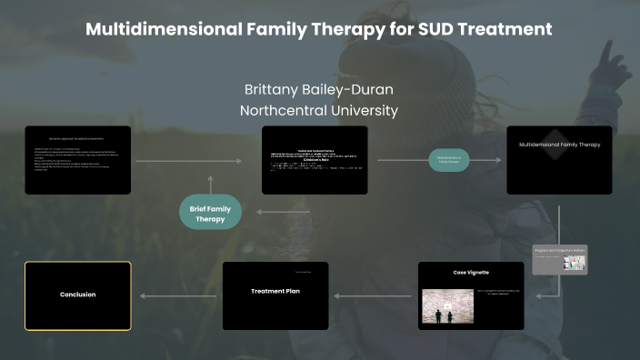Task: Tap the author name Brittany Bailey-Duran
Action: pyautogui.click(x=319, y=90)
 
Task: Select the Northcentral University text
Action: pyautogui.click(x=319, y=111)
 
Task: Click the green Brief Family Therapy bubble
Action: pyautogui.click(x=210, y=213)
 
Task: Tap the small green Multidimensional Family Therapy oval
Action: pyautogui.click(x=449, y=160)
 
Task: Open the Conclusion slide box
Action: pyautogui.click(x=78, y=295)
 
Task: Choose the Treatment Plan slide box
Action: pyautogui.click(x=275, y=295)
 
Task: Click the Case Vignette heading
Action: pyautogui.click(x=471, y=272)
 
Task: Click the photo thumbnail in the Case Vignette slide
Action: pyautogui.click(x=447, y=306)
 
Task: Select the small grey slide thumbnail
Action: pyautogui.click(x=560, y=258)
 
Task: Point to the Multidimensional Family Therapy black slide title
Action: pyautogui.click(x=560, y=145)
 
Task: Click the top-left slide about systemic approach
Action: pyautogui.click(x=78, y=159)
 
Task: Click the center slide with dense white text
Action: pyautogui.click(x=315, y=159)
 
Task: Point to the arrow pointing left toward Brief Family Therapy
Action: pyautogui.click(x=283, y=212)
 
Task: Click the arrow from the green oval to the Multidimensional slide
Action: pyautogui.click(x=487, y=160)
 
